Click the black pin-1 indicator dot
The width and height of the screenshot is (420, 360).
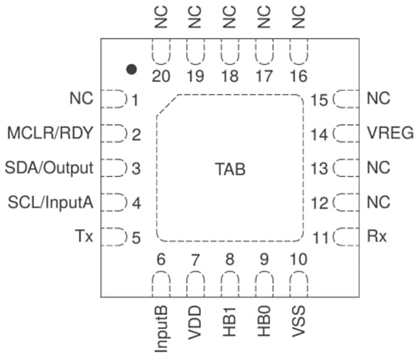(x=131, y=69)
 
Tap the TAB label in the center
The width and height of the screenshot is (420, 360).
(x=230, y=169)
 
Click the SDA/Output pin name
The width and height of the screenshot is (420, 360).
(x=53, y=168)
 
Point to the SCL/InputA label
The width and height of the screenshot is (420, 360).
(x=51, y=202)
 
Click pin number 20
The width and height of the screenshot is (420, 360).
(x=161, y=77)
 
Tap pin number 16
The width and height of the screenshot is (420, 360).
(x=298, y=77)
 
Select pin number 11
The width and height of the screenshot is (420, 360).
(x=321, y=238)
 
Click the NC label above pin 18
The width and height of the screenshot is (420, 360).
(x=230, y=17)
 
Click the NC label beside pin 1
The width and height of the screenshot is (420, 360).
(x=81, y=99)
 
